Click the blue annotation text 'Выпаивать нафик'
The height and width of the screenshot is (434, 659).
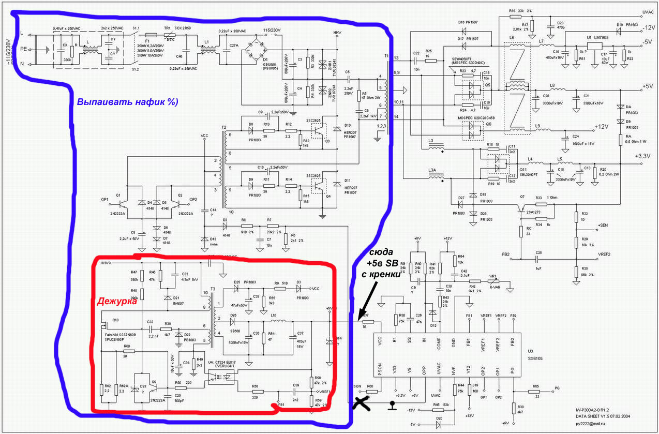click(127, 102)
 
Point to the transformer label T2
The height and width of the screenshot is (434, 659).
click(223, 127)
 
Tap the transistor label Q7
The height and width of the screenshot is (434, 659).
click(522, 197)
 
